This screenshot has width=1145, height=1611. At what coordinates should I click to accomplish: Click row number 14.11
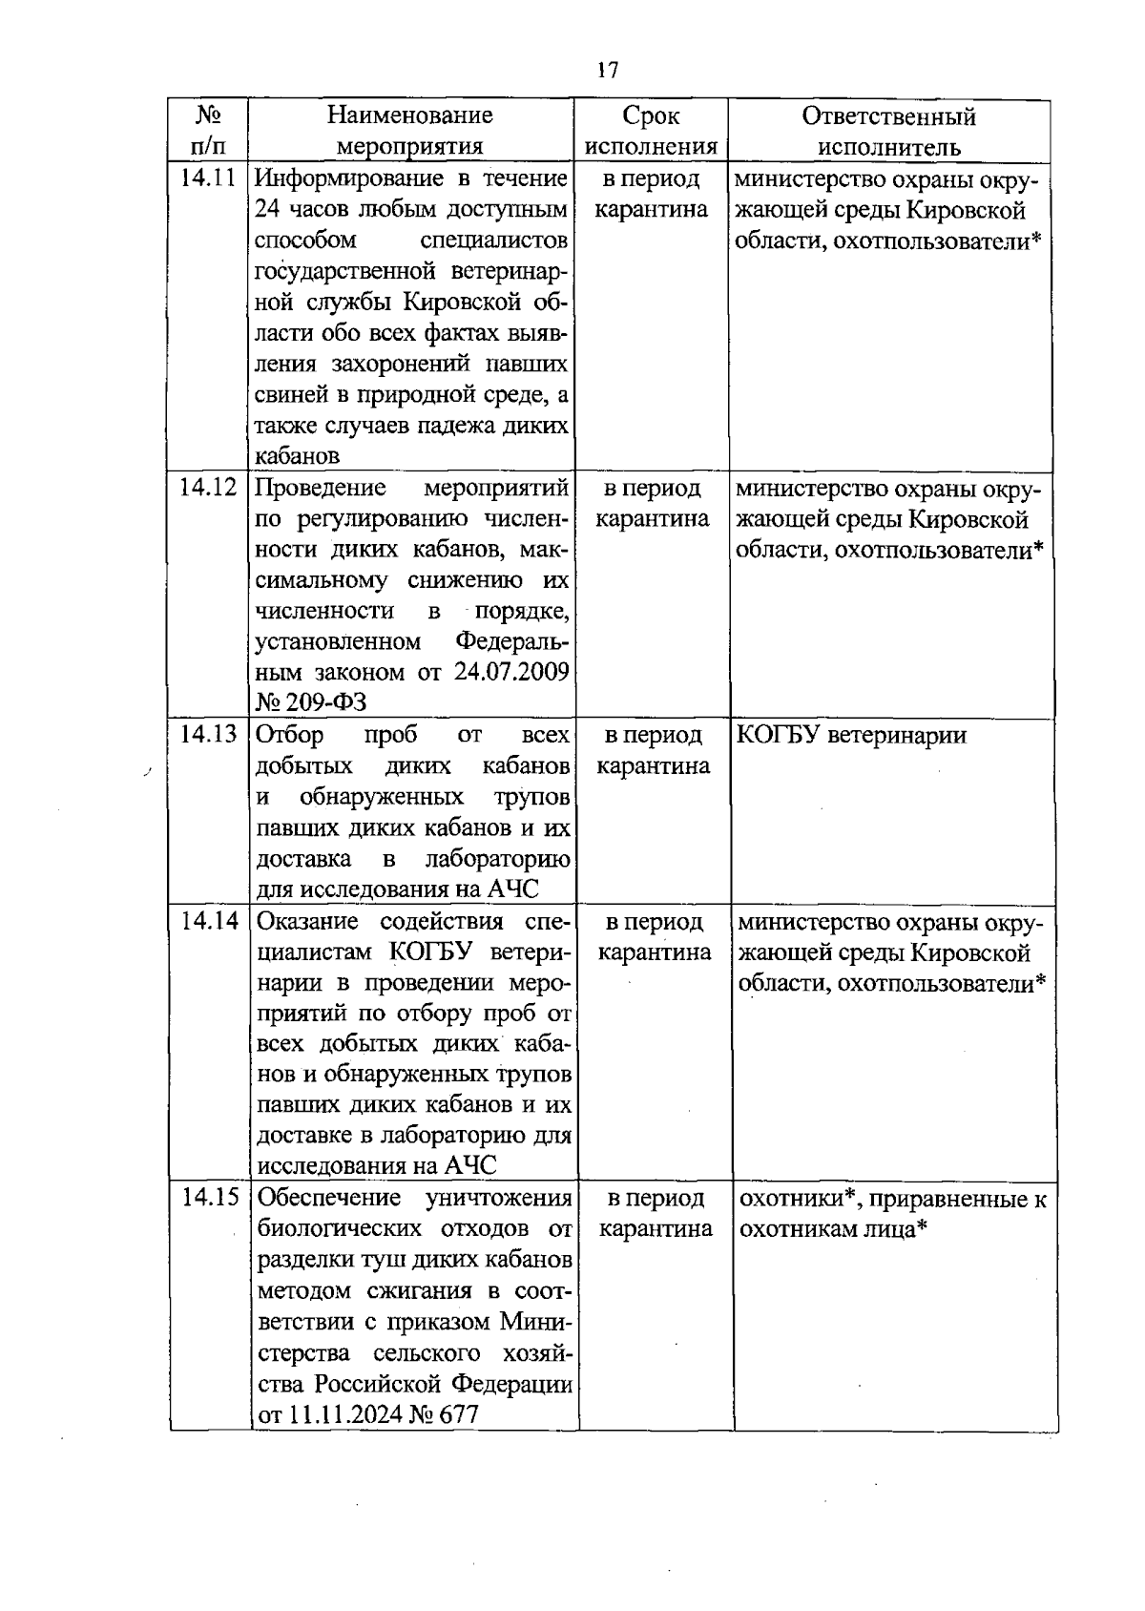[x=208, y=178]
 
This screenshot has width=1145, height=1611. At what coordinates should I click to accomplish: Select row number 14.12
[x=208, y=488]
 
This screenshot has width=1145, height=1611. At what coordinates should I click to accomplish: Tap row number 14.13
[x=208, y=735]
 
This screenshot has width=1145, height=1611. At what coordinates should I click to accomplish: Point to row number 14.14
[x=208, y=921]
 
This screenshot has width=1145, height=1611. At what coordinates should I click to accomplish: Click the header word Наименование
[x=410, y=115]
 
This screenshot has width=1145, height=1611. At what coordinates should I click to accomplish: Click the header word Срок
[x=651, y=115]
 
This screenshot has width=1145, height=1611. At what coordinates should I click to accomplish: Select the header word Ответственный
[x=888, y=116]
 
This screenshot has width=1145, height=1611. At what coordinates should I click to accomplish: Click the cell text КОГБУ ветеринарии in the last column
[x=852, y=735]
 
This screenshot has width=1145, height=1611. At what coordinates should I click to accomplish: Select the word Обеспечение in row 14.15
[x=329, y=1198]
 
